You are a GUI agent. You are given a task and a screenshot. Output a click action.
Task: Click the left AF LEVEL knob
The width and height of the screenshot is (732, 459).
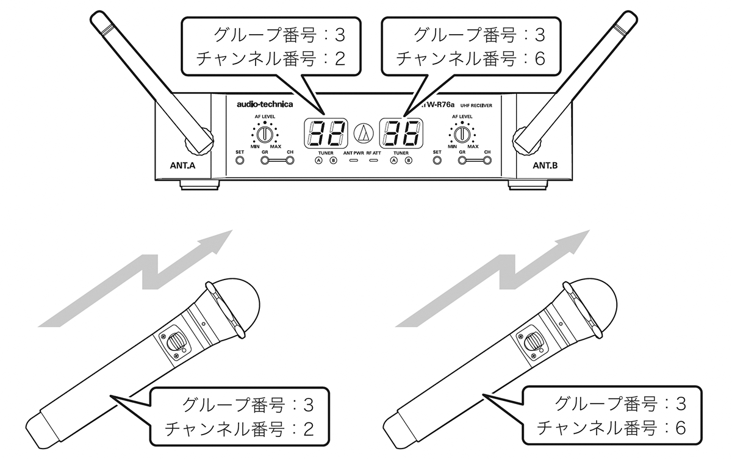coord(264,134)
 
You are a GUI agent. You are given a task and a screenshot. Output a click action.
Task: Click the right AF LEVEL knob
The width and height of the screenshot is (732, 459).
coord(464,134)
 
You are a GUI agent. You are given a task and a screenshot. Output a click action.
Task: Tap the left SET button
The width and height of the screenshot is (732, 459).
coord(239,161)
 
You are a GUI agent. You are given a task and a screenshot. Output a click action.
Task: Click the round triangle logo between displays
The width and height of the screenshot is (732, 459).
coord(364,132)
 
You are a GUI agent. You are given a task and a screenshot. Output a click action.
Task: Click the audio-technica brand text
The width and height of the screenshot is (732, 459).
coord(265,104)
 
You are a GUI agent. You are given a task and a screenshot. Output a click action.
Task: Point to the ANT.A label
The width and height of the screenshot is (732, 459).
coord(183,165)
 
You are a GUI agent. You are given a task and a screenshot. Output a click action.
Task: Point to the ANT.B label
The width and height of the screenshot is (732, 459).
coord(545,165)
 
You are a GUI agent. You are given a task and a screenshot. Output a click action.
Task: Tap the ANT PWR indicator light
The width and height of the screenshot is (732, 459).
coord(354,161)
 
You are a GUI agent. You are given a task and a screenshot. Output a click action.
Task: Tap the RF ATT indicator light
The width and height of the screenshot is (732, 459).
coord(373,161)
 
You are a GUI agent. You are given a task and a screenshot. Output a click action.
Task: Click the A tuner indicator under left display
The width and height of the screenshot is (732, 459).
coord(318,161)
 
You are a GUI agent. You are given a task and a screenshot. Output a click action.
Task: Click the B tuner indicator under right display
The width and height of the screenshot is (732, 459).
coord(409,161)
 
